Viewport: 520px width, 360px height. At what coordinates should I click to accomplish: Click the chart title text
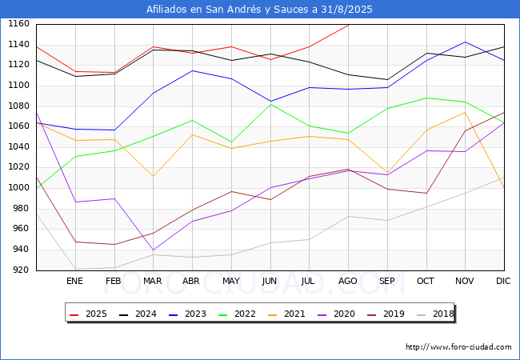(x=259, y=10)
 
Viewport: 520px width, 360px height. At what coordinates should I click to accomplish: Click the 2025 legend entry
(x=89, y=314)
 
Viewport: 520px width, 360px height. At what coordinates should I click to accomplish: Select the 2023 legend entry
(x=188, y=314)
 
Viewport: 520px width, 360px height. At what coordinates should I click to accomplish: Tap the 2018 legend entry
(x=435, y=314)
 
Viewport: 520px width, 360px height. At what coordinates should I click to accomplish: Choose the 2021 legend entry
(x=287, y=314)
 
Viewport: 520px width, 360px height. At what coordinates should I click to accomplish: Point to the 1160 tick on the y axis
(x=19, y=24)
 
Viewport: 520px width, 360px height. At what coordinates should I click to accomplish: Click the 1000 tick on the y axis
(x=19, y=188)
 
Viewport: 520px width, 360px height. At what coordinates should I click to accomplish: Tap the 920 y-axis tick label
(x=22, y=270)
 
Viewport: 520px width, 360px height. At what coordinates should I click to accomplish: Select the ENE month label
(x=74, y=281)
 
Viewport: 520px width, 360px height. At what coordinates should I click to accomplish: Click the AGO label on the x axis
(x=347, y=281)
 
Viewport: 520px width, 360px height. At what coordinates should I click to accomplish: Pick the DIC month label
(x=503, y=281)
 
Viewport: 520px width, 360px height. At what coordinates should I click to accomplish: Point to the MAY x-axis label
(x=231, y=281)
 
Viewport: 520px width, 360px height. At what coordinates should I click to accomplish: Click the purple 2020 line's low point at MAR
(x=154, y=250)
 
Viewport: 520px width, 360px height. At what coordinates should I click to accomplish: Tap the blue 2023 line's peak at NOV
(x=466, y=42)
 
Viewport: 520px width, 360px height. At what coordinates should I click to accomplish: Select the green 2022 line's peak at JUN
(x=271, y=105)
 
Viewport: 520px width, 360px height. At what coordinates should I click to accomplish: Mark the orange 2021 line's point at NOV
(x=466, y=112)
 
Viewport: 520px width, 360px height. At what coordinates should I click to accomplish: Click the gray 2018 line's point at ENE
(x=76, y=269)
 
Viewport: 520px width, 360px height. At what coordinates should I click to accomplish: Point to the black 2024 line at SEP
(x=387, y=79)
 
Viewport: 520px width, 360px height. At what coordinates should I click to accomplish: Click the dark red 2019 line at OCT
(x=426, y=194)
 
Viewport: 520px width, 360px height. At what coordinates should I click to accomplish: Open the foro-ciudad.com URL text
(x=458, y=347)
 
